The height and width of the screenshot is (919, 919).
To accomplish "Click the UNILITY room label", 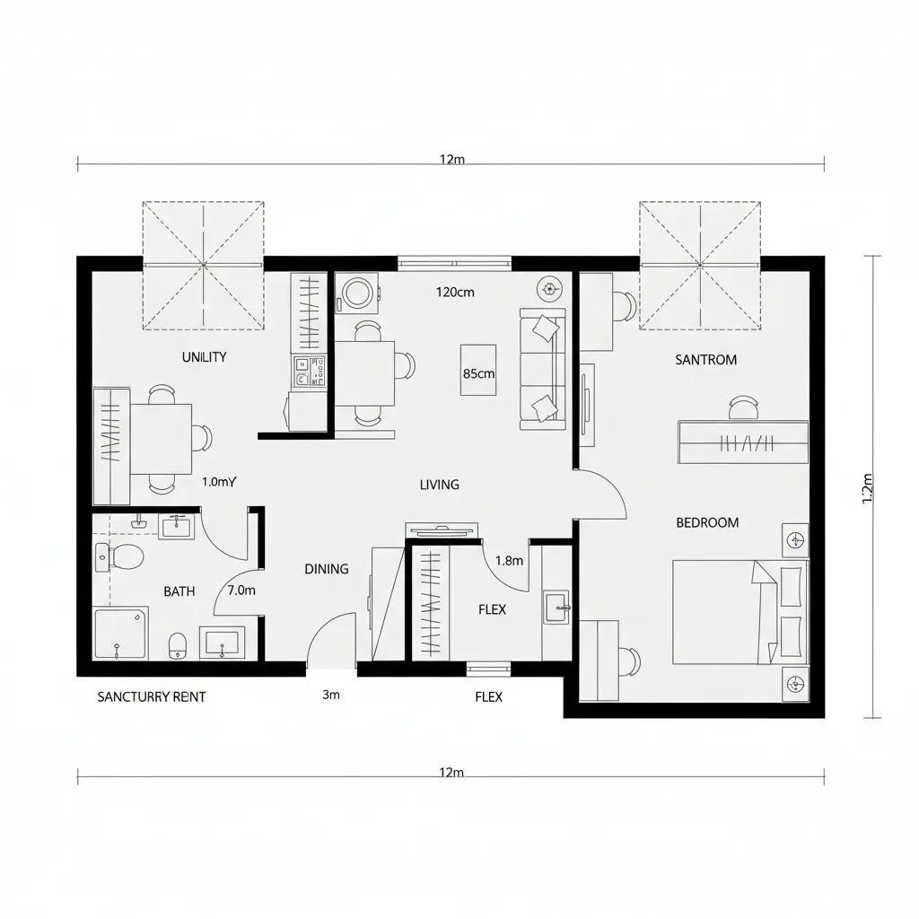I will (204, 356).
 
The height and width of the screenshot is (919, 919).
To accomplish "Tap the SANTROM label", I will (705, 360).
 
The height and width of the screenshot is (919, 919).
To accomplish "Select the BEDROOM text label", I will (707, 522).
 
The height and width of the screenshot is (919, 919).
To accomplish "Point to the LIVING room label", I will (439, 485).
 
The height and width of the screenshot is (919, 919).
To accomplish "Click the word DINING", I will (326, 569).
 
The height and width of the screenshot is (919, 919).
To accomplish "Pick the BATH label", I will (179, 591).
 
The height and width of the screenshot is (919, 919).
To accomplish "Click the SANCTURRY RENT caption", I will (151, 696).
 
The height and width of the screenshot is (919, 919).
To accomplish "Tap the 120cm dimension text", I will (455, 292).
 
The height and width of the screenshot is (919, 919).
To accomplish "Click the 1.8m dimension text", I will (509, 561).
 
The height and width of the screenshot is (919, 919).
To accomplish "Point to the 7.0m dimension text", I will (241, 591).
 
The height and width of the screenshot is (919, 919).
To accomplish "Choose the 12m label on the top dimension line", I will (451, 160).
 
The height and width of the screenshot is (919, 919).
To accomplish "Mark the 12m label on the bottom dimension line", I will (451, 773).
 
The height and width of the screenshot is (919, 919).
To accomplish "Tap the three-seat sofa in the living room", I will (542, 368).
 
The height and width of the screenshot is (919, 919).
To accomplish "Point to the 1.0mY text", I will (218, 482).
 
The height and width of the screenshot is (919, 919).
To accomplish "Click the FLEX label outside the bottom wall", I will (488, 696).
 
